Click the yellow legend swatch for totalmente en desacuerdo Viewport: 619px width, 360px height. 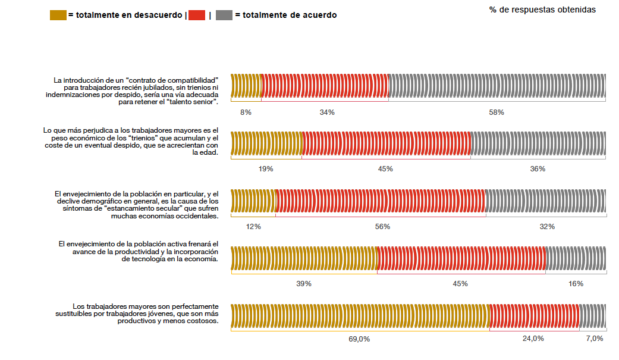[58, 15]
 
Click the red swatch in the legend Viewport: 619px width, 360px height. [196, 15]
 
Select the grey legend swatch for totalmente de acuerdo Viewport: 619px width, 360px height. [224, 15]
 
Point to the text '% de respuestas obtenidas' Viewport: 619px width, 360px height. [542, 10]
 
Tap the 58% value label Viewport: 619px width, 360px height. [497, 112]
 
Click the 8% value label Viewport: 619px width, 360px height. [246, 112]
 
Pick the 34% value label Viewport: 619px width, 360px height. [326, 112]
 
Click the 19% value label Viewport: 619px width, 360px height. [266, 169]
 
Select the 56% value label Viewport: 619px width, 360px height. [382, 227]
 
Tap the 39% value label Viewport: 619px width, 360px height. [304, 284]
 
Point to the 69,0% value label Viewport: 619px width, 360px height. [359, 339]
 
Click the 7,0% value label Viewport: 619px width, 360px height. [594, 339]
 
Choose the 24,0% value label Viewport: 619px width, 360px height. [533, 339]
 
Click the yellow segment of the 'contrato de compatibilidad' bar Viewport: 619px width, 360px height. [246, 85]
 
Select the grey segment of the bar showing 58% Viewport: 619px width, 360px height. [497, 85]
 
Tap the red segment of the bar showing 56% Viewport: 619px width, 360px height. [381, 201]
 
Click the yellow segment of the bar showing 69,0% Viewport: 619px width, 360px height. [359, 315]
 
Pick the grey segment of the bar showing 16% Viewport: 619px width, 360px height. [576, 258]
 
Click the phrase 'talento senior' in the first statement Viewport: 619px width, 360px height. [191, 102]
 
